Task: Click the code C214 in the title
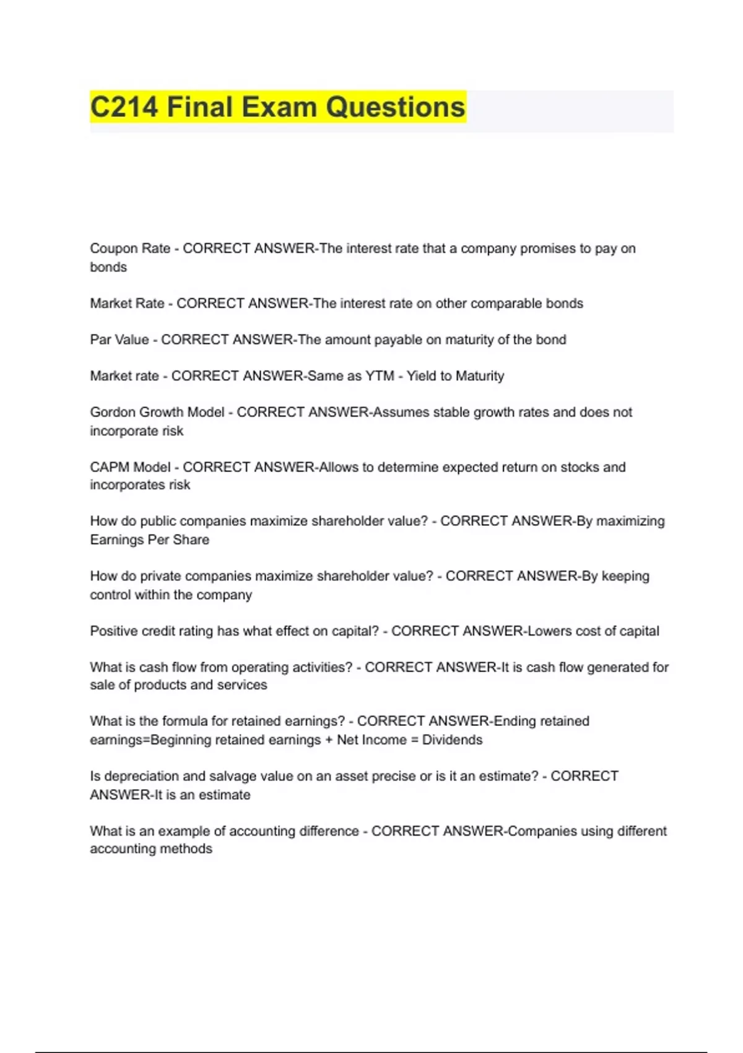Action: click(124, 107)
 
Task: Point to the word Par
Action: click(101, 340)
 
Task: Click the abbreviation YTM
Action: click(380, 376)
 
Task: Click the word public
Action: click(158, 522)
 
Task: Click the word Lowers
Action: click(549, 631)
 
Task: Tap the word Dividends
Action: click(452, 740)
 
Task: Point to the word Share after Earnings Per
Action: click(191, 540)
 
